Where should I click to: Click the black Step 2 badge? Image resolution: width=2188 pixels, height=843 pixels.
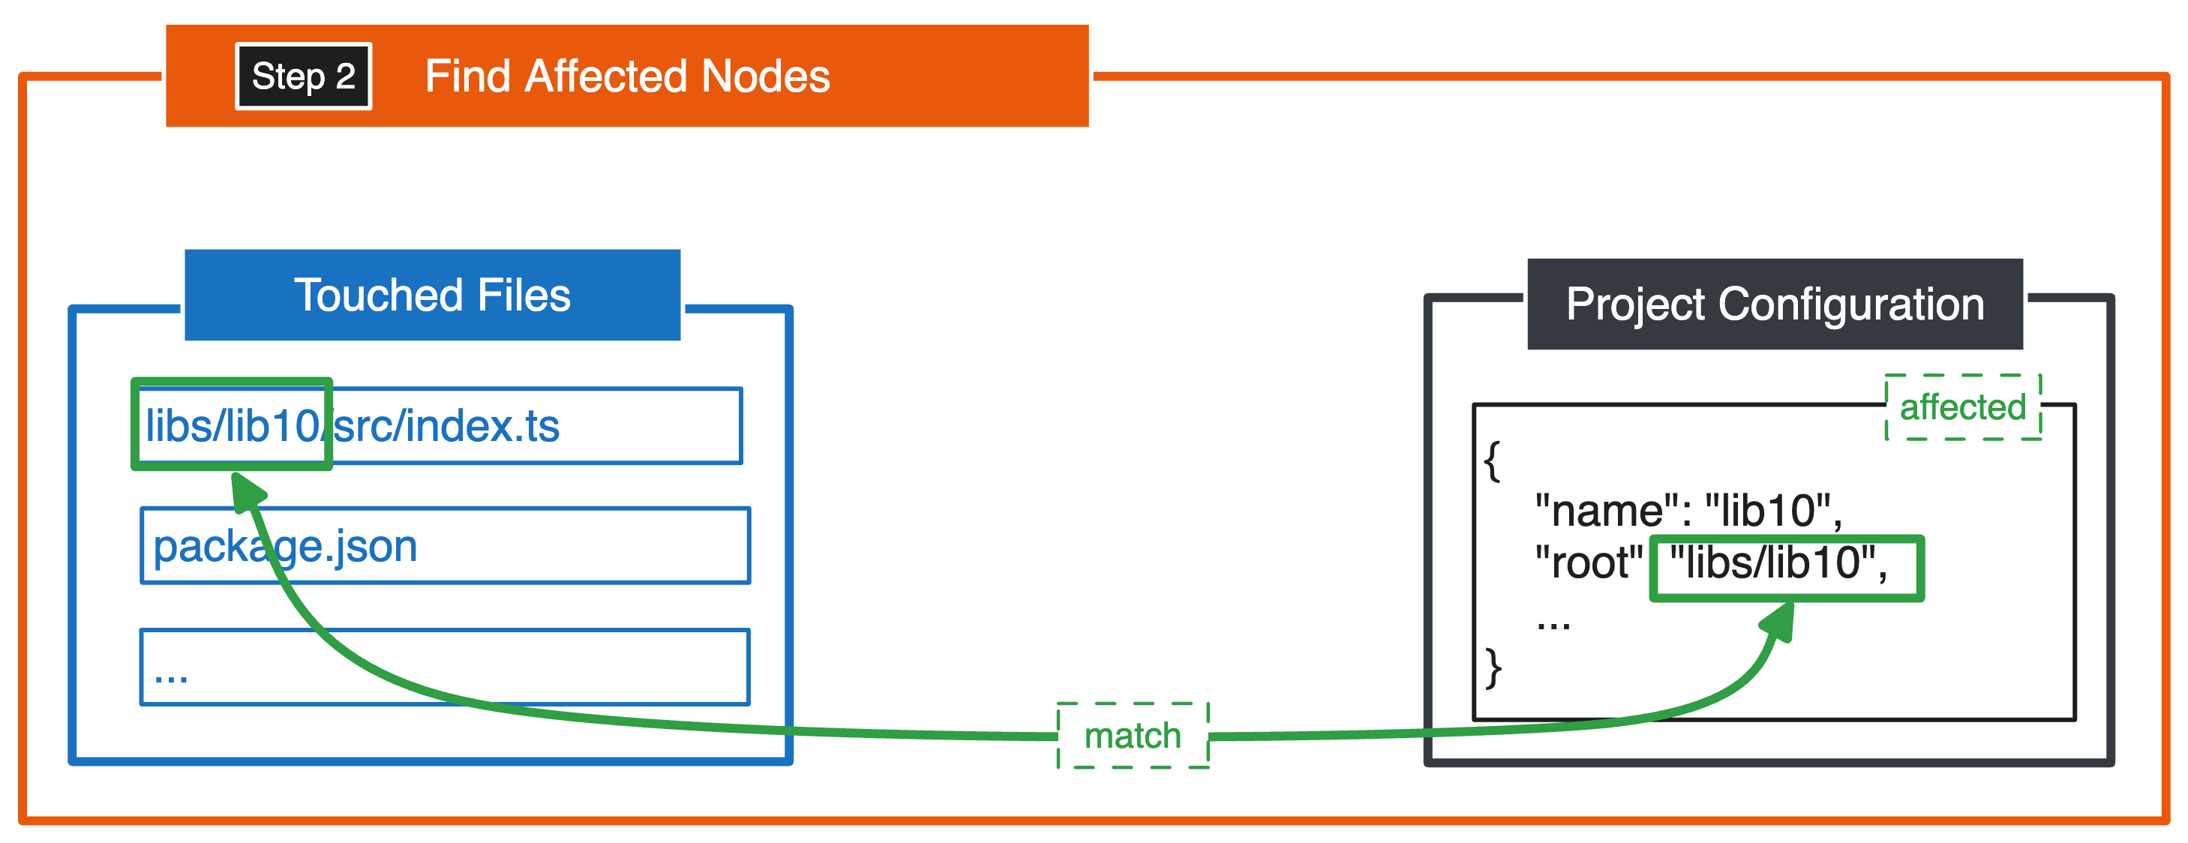(303, 76)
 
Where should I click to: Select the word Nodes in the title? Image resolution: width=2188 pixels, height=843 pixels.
(765, 76)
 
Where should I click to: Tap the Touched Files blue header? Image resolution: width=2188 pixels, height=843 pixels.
(432, 295)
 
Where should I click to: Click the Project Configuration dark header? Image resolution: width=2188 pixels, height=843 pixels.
(1775, 304)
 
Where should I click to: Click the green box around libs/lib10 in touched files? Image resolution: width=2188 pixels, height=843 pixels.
(231, 424)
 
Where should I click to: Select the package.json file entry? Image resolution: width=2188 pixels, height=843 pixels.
(285, 546)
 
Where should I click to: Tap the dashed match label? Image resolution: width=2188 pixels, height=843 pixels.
(1132, 735)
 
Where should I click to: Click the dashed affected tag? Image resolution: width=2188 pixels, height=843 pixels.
(1962, 407)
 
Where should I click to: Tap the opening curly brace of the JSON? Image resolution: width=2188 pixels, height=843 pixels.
(1493, 460)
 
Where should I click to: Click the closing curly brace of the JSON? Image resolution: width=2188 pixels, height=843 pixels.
(1493, 668)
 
